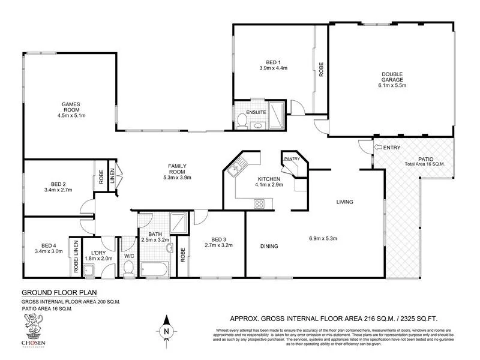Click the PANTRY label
click(x=292, y=158)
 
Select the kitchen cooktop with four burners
click(x=260, y=203)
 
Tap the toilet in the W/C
click(x=128, y=268)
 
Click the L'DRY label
click(x=98, y=253)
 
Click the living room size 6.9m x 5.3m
click(x=322, y=239)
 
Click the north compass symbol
click(x=167, y=330)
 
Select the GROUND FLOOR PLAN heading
click(x=52, y=293)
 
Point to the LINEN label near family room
click(x=112, y=176)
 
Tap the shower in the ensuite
click(x=277, y=114)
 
